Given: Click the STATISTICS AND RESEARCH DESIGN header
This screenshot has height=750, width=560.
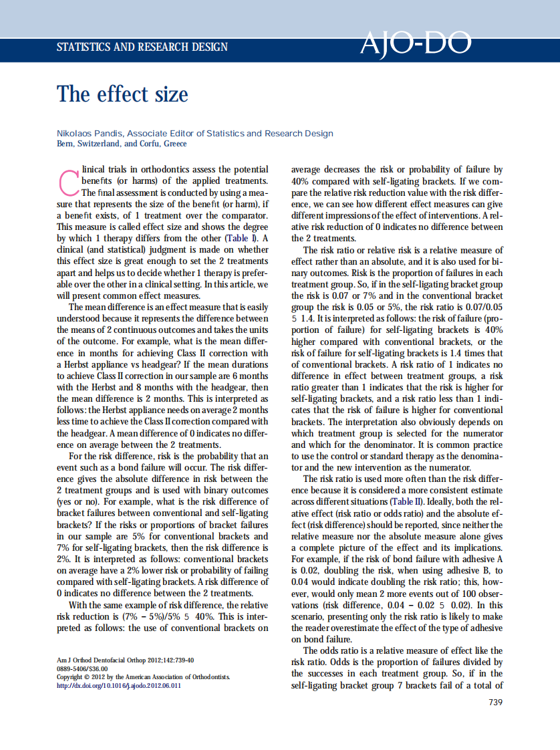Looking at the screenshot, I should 142,47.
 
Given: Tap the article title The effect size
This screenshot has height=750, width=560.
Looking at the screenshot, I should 122,94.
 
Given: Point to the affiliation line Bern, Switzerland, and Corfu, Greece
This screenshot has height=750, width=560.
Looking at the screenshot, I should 122,144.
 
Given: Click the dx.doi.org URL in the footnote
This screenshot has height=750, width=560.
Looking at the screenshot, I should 119,685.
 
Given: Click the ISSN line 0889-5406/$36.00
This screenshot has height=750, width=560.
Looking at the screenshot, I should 82,668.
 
